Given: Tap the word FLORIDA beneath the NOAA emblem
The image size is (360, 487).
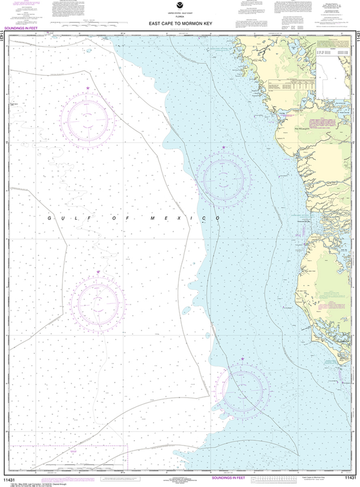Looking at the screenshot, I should coord(180,19).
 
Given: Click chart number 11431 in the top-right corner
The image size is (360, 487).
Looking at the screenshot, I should coord(355,36).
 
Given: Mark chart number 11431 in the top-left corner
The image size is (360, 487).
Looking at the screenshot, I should coord(5,36).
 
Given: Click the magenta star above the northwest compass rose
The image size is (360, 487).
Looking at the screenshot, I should coord(89,88).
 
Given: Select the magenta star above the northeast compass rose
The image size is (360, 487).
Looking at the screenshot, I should coord(224,147).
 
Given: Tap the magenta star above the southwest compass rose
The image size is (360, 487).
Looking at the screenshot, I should coord(98,272).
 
